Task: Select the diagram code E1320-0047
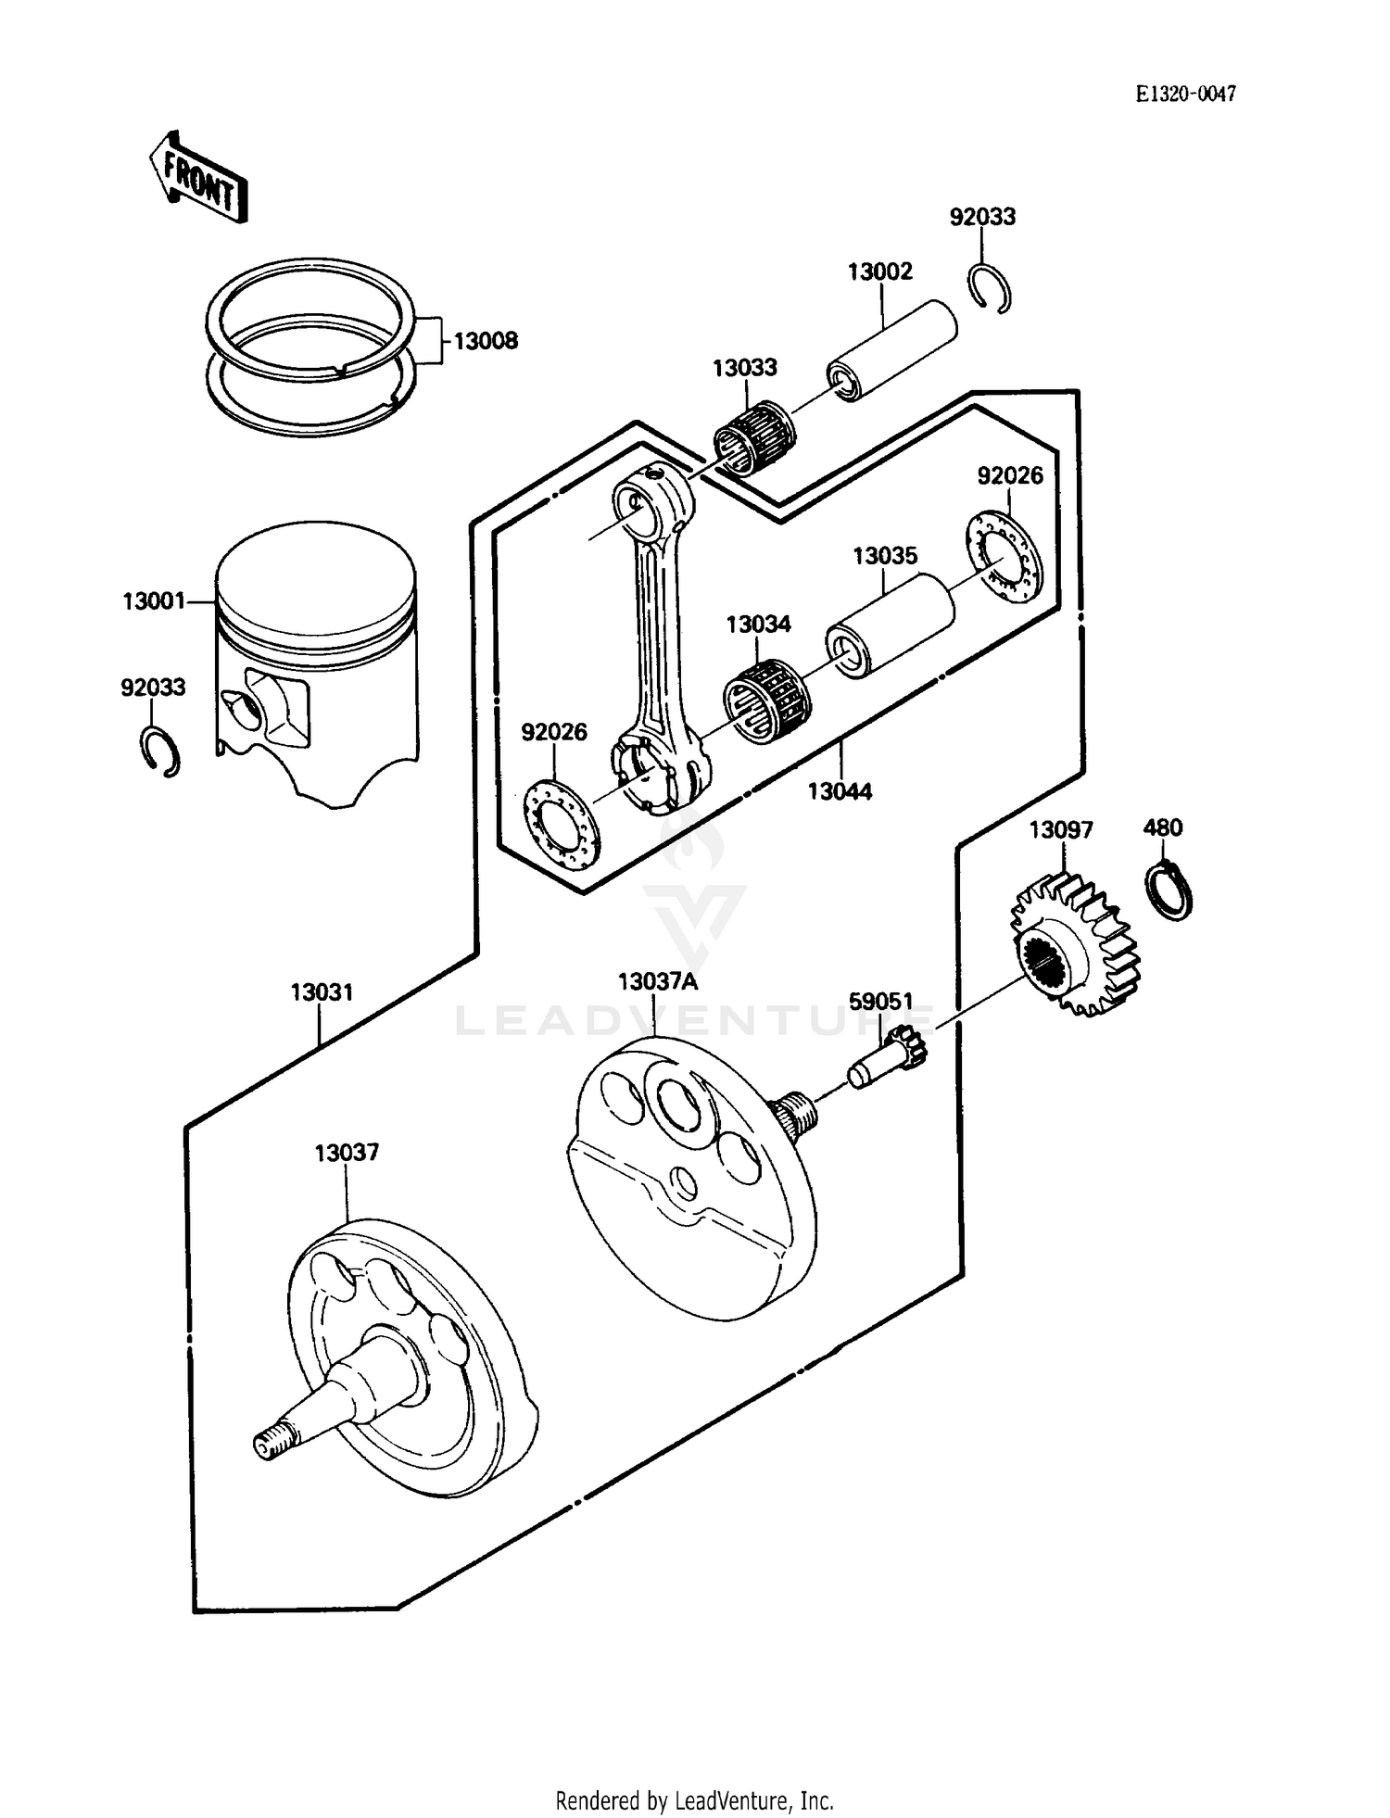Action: tap(1185, 94)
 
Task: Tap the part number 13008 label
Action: tap(486, 341)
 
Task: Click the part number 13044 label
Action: tap(840, 791)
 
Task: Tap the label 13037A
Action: tap(657, 981)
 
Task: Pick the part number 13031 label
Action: tap(322, 992)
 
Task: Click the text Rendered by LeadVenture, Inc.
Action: tap(694, 1800)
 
